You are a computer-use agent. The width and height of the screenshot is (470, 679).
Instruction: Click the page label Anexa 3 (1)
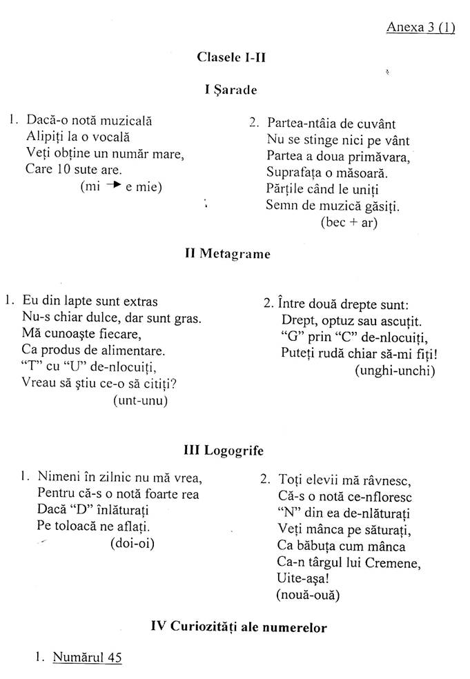click(420, 28)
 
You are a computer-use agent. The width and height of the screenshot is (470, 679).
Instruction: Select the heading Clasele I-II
click(231, 58)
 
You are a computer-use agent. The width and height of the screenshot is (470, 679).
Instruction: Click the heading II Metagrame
click(228, 254)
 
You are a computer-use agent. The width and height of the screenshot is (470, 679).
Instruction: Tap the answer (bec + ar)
click(349, 222)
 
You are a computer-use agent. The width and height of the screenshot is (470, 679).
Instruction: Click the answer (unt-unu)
click(140, 400)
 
